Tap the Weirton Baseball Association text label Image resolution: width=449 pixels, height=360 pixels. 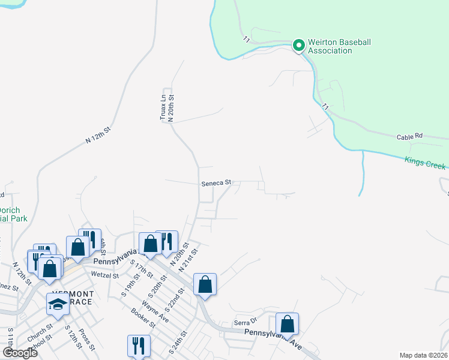[x=340, y=47]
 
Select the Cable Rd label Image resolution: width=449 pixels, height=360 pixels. [x=410, y=136]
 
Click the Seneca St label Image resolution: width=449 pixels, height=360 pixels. [x=216, y=184]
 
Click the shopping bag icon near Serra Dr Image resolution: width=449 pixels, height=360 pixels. [x=288, y=323]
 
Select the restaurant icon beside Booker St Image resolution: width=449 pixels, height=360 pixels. [x=138, y=346]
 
